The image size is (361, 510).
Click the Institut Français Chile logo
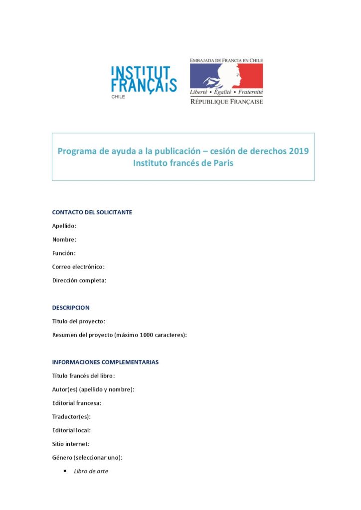[143, 80]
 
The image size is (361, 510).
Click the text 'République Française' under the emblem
[226, 101]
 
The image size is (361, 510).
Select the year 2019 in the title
[299, 151]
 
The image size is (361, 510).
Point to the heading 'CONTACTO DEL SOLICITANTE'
[92, 212]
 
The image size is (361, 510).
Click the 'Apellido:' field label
[64, 226]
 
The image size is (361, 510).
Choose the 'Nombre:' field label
[64, 240]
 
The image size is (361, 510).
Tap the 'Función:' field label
[64, 253]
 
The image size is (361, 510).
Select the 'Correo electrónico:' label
[78, 266]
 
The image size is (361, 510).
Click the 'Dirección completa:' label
[79, 280]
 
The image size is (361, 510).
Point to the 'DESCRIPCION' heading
[71, 307]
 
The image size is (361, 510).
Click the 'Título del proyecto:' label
[78, 321]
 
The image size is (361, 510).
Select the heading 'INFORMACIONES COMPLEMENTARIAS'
[105, 362]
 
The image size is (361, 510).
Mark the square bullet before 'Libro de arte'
[65, 471]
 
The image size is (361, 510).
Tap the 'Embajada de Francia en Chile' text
[226, 60]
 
